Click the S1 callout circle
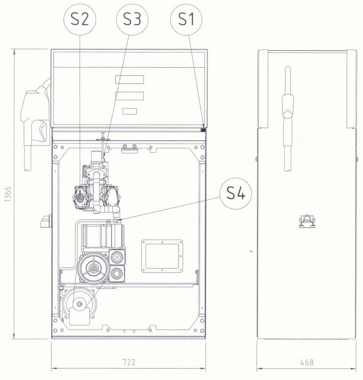pyautogui.click(x=186, y=19)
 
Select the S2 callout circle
pyautogui.click(x=80, y=19)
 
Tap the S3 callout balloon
pyautogui.click(x=132, y=19)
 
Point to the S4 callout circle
pyautogui.click(x=236, y=193)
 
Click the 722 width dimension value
pyautogui.click(x=129, y=362)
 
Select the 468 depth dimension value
pyautogui.click(x=307, y=362)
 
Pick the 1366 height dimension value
pyautogui.click(x=8, y=194)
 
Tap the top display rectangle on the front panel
pyautogui.click(x=130, y=79)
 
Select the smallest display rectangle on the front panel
pyautogui.click(x=130, y=111)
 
